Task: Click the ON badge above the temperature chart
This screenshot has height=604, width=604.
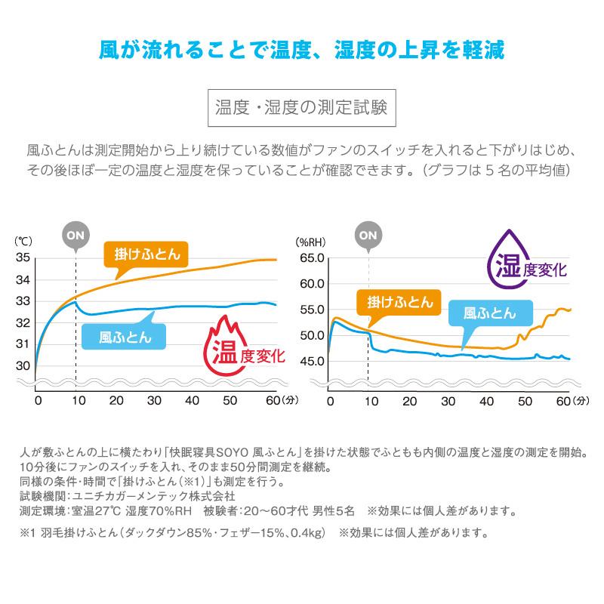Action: tap(75, 234)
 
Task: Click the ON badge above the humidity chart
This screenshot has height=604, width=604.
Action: tap(368, 234)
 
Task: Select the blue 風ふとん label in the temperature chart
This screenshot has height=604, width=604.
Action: tap(126, 336)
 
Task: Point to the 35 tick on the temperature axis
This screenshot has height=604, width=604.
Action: tap(22, 258)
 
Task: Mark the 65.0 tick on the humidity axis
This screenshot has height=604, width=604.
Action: tap(310, 258)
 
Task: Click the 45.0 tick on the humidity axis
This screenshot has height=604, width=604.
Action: tap(310, 361)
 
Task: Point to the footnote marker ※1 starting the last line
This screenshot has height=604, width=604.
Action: tap(29, 533)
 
